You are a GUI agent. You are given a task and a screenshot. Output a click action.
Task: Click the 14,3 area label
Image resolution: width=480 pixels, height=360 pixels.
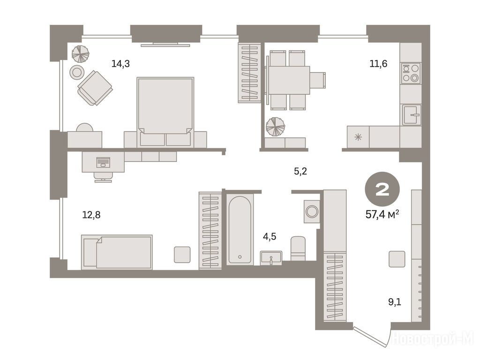pos(120,64)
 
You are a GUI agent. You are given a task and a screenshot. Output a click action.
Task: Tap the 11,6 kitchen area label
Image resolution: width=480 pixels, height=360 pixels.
pos(378,64)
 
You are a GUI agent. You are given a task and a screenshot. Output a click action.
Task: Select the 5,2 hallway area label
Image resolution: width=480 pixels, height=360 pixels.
pos(300,172)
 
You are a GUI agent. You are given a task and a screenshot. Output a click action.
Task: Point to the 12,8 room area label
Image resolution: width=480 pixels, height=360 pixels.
pos(91,215)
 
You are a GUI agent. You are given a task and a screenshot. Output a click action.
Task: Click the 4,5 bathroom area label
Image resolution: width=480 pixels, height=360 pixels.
pos(270,236)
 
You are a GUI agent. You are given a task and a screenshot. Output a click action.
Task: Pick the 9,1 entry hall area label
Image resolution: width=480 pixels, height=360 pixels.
pos(395,302)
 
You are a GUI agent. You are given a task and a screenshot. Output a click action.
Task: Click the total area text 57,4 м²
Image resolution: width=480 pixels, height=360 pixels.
pos(382,214)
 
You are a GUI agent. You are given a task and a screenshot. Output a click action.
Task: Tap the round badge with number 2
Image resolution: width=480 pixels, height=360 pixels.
pos(382,189)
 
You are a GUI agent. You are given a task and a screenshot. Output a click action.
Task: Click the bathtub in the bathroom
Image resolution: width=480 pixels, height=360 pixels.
pos(240,230)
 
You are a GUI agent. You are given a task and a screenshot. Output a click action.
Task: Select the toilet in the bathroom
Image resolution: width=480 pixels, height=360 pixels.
pos(298,248)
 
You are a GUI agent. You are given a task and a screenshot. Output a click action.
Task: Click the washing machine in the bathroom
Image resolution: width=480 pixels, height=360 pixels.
pos(312,211)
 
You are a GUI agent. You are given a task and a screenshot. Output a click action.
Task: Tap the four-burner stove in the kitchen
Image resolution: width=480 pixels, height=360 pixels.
pos(411,73)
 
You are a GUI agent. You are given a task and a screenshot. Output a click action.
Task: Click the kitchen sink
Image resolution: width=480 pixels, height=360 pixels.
pos(412,115)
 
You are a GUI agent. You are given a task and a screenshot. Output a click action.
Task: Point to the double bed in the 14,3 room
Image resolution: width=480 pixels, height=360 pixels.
pos(165,112)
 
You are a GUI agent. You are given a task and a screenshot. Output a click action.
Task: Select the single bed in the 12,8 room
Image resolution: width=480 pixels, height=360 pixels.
pos(117,252)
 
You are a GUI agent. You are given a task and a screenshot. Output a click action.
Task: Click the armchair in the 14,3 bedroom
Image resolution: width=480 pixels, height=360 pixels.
pos(95,88)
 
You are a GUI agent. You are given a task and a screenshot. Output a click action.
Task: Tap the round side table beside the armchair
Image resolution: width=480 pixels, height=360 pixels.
pos(76,73)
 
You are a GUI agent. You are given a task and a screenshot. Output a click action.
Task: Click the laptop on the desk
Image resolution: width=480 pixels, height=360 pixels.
pos(103,162)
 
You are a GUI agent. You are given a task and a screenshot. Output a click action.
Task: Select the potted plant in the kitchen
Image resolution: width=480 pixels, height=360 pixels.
pos(275,127)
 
